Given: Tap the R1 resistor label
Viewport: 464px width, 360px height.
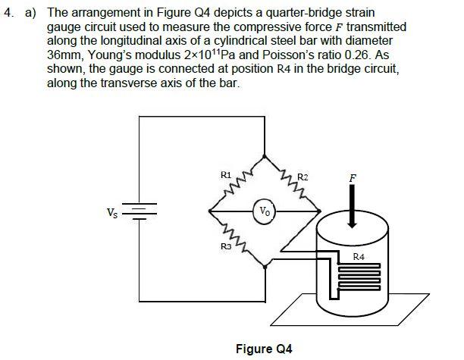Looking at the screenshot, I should (225, 176).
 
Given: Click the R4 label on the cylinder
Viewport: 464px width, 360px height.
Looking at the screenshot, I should (359, 258).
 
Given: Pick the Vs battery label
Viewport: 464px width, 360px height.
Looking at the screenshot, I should (112, 211).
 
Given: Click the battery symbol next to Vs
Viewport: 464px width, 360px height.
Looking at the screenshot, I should (139, 211).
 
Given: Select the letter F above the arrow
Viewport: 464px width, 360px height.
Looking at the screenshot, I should (350, 180).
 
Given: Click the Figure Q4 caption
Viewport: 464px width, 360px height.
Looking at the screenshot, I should (263, 349).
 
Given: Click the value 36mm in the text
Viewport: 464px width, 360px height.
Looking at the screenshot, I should (64, 55).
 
